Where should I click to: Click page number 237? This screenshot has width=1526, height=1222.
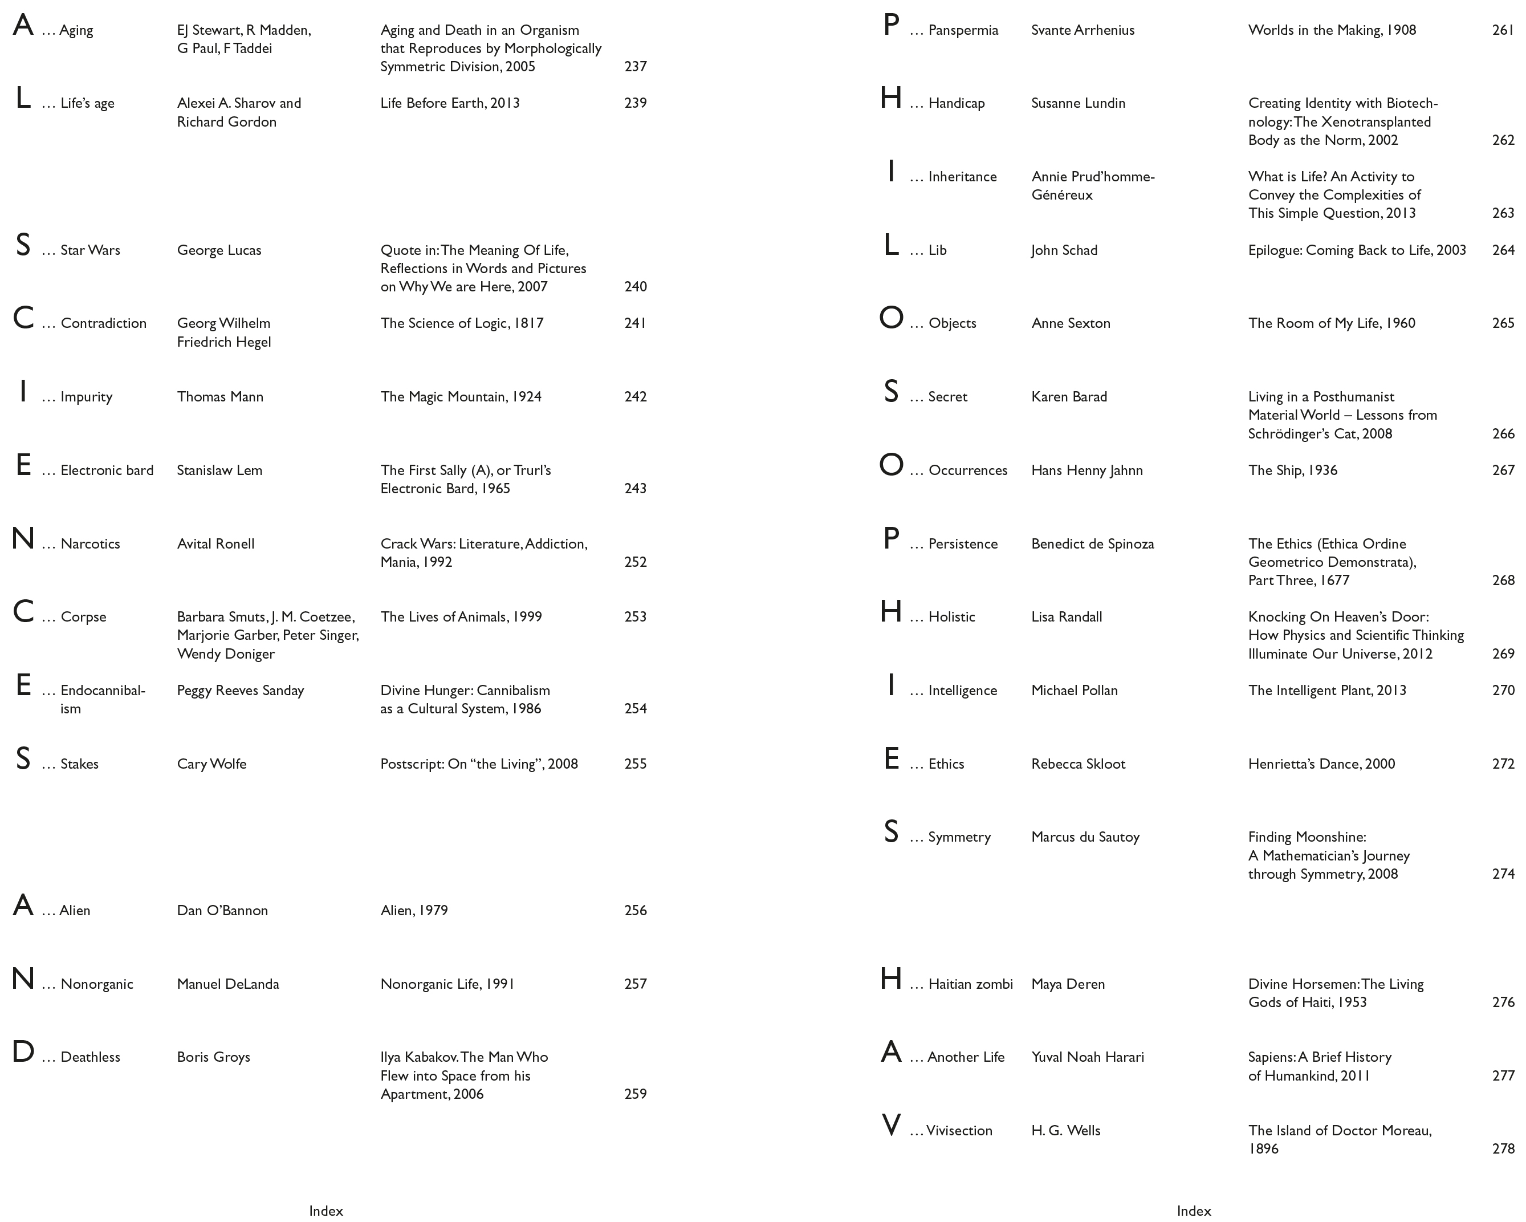[x=635, y=67]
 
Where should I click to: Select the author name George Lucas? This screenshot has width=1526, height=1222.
[x=219, y=250]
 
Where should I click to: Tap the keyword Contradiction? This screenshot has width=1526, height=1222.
[x=103, y=323]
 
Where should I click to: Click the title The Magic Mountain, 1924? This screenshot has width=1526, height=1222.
[x=461, y=396]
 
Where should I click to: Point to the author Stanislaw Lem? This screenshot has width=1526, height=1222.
[x=219, y=470]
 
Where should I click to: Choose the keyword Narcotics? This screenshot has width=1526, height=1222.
[x=90, y=544]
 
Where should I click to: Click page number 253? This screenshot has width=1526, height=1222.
[x=635, y=616]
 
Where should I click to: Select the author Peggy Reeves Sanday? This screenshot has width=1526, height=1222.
[x=240, y=691]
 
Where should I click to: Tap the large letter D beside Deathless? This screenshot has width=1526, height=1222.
[x=23, y=1052]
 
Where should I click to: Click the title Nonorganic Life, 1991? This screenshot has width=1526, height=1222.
[x=447, y=984]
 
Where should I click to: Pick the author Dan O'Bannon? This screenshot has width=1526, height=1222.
[x=222, y=911]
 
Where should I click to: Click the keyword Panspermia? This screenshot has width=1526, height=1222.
[x=963, y=30]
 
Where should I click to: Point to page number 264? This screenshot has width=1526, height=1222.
[x=1503, y=250]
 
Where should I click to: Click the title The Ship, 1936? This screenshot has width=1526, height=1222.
[x=1292, y=470]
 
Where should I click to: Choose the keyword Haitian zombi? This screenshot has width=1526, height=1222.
[x=970, y=984]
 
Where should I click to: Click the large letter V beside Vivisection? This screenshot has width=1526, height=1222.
[x=891, y=1125]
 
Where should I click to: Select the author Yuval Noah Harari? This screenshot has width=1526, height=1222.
[x=1087, y=1057]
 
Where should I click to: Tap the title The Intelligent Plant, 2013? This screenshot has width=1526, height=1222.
[x=1326, y=691]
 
